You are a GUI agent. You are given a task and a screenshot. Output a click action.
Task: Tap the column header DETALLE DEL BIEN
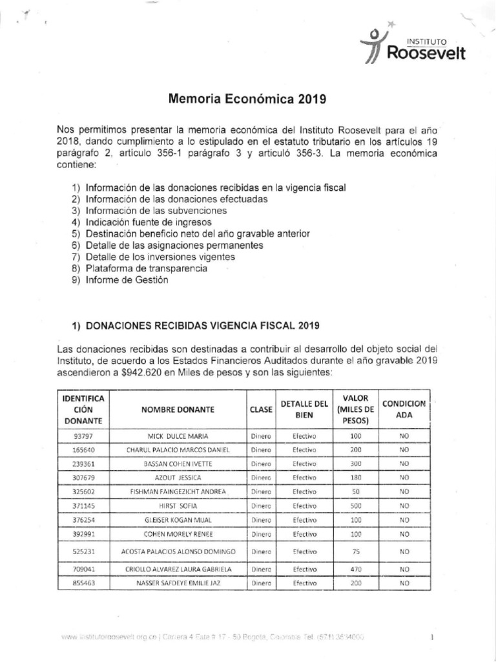tap(299, 410)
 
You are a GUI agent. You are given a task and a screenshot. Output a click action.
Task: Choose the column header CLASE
tap(261, 410)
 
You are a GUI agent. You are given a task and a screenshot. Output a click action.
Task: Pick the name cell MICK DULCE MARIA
tap(179, 436)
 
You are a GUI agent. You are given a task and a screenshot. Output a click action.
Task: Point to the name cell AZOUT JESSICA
tap(179, 478)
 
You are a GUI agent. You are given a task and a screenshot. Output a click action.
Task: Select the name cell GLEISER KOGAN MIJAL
tap(179, 520)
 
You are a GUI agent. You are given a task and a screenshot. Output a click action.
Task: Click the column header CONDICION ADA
tap(404, 410)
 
